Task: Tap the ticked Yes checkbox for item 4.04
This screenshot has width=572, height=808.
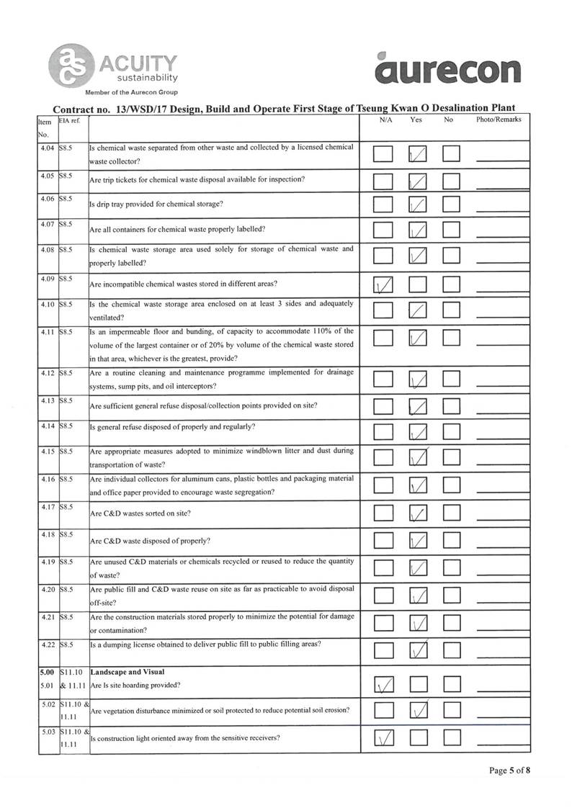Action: pos(417,154)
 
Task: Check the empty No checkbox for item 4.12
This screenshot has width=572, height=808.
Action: pos(451,380)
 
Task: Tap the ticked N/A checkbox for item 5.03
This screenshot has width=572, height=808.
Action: pos(384,738)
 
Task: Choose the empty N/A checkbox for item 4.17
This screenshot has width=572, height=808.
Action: pos(384,513)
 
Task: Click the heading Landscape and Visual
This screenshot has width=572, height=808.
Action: pos(122,672)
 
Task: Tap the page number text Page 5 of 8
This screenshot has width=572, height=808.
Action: pos(510,771)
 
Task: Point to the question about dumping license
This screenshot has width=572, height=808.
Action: pos(205,644)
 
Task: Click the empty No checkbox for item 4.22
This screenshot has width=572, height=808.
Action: pos(451,651)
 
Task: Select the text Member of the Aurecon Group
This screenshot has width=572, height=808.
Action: pos(131,93)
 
